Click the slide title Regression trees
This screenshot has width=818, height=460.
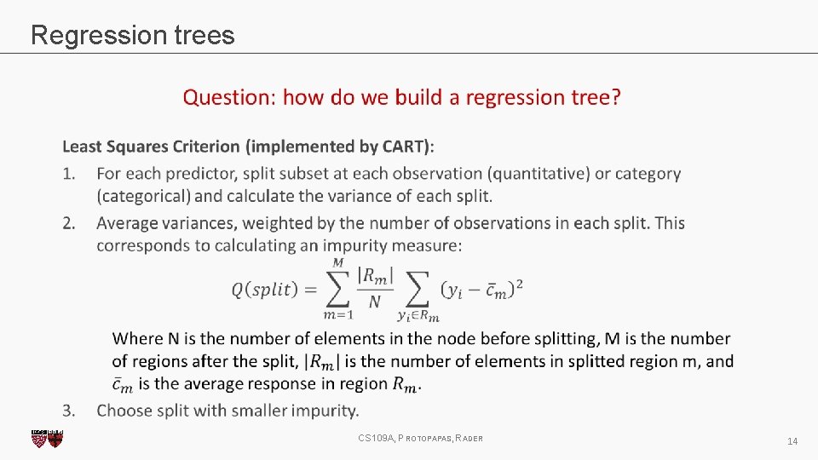pyautogui.click(x=132, y=35)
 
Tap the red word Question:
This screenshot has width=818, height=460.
pyautogui.click(x=229, y=97)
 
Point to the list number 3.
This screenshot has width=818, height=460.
pyautogui.click(x=69, y=411)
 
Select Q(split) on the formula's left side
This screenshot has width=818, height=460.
pyautogui.click(x=265, y=290)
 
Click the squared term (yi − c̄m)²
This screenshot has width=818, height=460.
pyautogui.click(x=481, y=290)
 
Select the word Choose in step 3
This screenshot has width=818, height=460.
pyautogui.click(x=127, y=411)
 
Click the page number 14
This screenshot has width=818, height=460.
pyautogui.click(x=792, y=441)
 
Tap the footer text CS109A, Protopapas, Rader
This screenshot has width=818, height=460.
pyautogui.click(x=421, y=439)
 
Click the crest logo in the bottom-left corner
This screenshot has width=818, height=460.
pyautogui.click(x=47, y=439)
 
